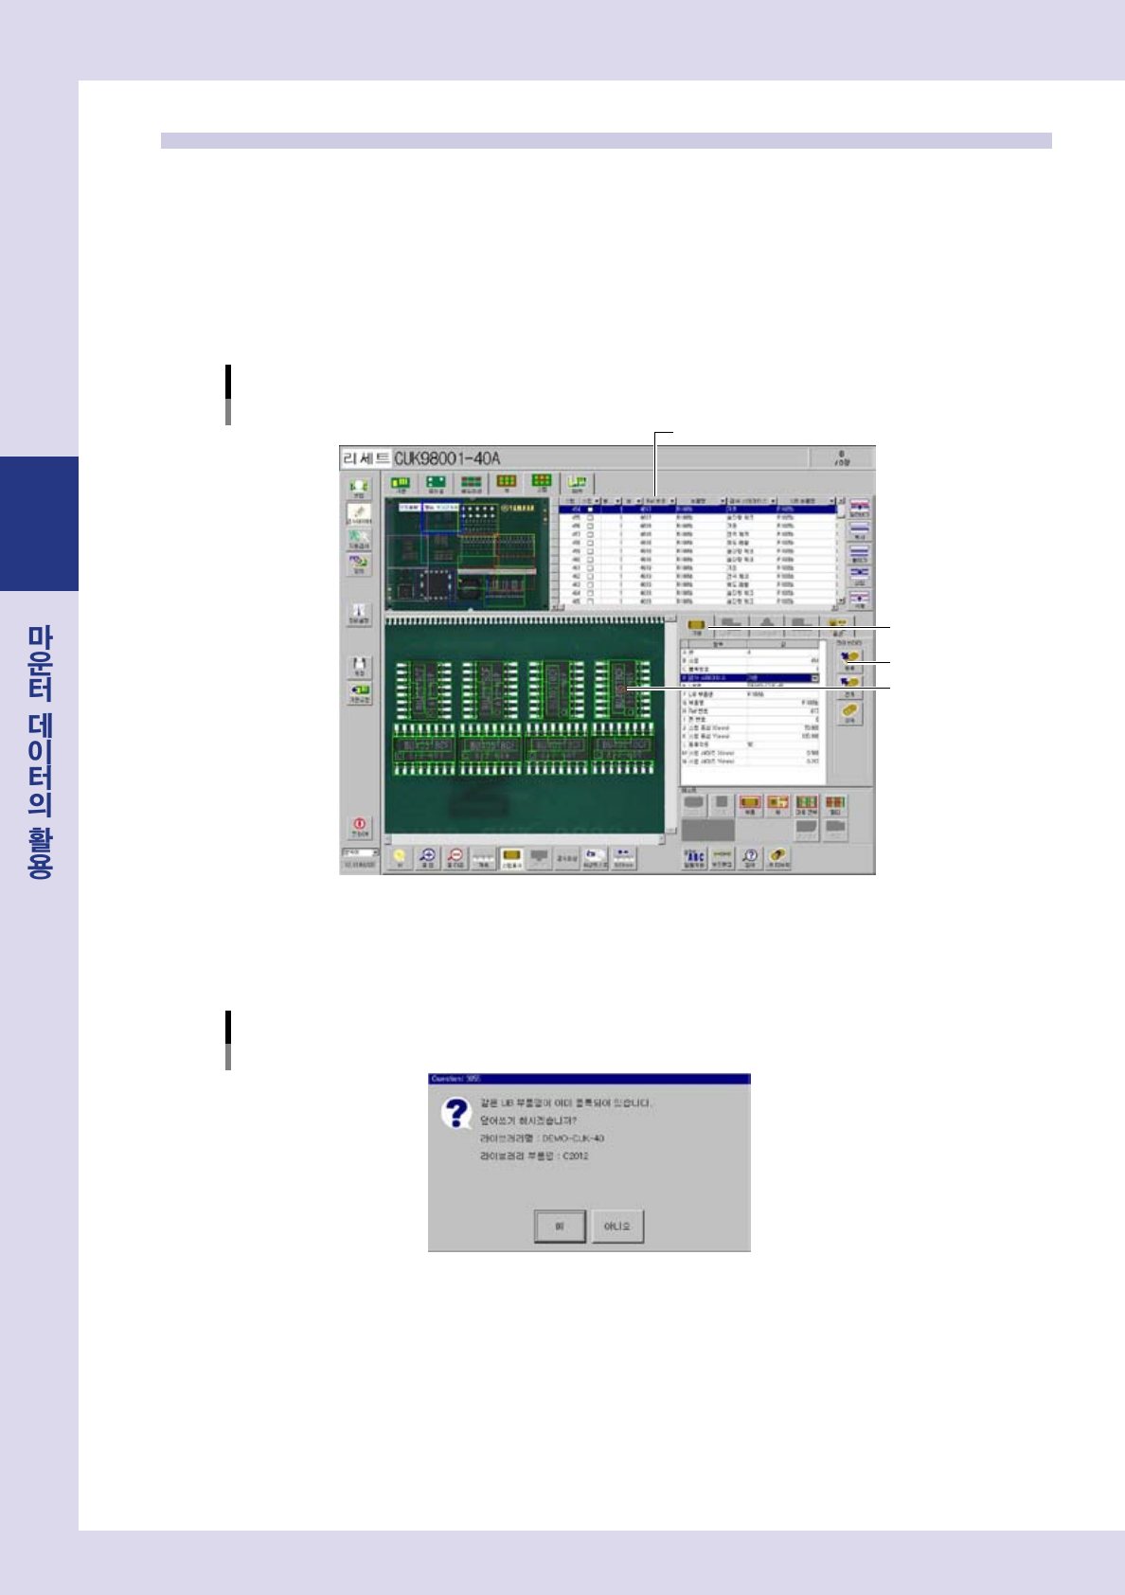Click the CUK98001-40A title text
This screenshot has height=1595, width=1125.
[x=447, y=458]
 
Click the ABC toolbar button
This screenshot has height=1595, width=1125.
[x=693, y=858]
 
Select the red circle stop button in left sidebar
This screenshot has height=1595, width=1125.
[x=360, y=827]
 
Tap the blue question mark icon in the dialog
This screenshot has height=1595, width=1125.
[x=456, y=1113]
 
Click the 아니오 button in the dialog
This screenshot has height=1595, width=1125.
[x=617, y=1227]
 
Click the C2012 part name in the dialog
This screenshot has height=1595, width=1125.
[x=576, y=1156]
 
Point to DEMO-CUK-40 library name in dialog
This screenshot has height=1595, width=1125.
[x=573, y=1138]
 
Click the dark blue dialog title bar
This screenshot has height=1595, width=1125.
[x=588, y=1079]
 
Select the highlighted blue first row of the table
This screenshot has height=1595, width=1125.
[x=698, y=509]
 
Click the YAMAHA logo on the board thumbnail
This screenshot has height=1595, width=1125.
[x=516, y=508]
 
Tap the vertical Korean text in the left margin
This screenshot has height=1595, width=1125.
[x=40, y=752]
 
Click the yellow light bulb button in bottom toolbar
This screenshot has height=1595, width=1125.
[x=400, y=858]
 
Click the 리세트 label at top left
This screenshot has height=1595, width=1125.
[x=366, y=458]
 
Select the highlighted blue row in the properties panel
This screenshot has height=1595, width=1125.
[x=749, y=678]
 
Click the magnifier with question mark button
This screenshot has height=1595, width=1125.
[x=749, y=858]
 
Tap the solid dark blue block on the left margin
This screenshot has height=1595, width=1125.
[x=39, y=524]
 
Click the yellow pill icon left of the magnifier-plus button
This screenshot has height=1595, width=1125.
[x=400, y=858]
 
